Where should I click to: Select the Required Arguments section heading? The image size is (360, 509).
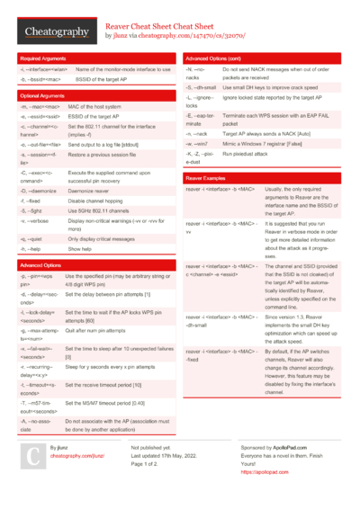click(41, 58)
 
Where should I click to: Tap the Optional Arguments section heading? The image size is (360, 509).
click(41, 94)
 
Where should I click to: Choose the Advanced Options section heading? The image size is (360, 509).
click(40, 265)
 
